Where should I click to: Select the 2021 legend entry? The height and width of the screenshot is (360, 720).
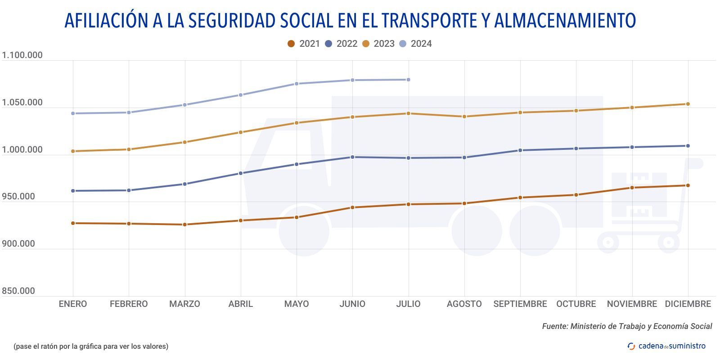pyautogui.click(x=304, y=44)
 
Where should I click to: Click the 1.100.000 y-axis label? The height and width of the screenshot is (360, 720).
pyautogui.click(x=22, y=55)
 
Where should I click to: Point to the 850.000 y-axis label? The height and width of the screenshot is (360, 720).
pyautogui.click(x=18, y=291)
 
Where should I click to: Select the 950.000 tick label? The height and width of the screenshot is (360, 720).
pyautogui.click(x=18, y=197)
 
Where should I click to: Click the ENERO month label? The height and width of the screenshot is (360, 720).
pyautogui.click(x=73, y=304)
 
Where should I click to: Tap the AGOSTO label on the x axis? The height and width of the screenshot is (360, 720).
pyautogui.click(x=464, y=304)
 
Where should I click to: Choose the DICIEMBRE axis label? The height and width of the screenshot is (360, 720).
pyautogui.click(x=688, y=304)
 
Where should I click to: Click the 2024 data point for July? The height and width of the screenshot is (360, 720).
pyautogui.click(x=408, y=80)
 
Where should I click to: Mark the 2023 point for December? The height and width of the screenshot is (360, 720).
pyautogui.click(x=688, y=104)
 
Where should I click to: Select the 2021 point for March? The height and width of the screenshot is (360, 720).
pyautogui.click(x=184, y=225)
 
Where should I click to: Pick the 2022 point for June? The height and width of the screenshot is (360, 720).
pyautogui.click(x=352, y=157)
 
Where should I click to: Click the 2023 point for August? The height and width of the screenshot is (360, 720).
pyautogui.click(x=464, y=117)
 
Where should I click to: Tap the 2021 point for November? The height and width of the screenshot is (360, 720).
pyautogui.click(x=632, y=188)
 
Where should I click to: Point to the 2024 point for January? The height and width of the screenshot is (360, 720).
pyautogui.click(x=73, y=113)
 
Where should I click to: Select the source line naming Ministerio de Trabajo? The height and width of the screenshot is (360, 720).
pyautogui.click(x=627, y=326)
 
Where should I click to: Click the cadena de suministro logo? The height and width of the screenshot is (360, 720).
pyautogui.click(x=666, y=346)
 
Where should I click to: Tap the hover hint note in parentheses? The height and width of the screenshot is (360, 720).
pyautogui.click(x=91, y=346)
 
